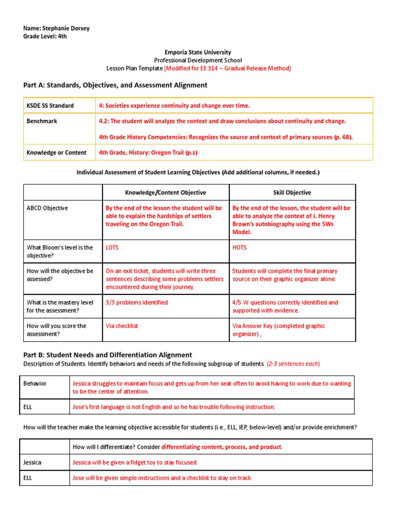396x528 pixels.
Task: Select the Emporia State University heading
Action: (x=197, y=52)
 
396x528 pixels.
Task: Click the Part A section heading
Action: (x=115, y=85)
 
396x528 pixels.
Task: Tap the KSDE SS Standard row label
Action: (x=50, y=106)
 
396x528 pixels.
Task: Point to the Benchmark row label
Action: (x=42, y=121)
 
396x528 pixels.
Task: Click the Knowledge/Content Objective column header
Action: (x=166, y=192)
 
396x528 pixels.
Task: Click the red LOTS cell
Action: (x=112, y=247)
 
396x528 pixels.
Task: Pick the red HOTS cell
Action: (x=239, y=247)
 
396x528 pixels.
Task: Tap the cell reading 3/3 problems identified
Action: (x=137, y=303)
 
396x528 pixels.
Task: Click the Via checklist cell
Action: (x=122, y=326)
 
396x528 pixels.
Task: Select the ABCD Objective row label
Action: (x=47, y=208)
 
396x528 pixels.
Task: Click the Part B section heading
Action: (x=107, y=355)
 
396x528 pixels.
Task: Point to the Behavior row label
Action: (x=35, y=384)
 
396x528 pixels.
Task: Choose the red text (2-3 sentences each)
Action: (x=293, y=364)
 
